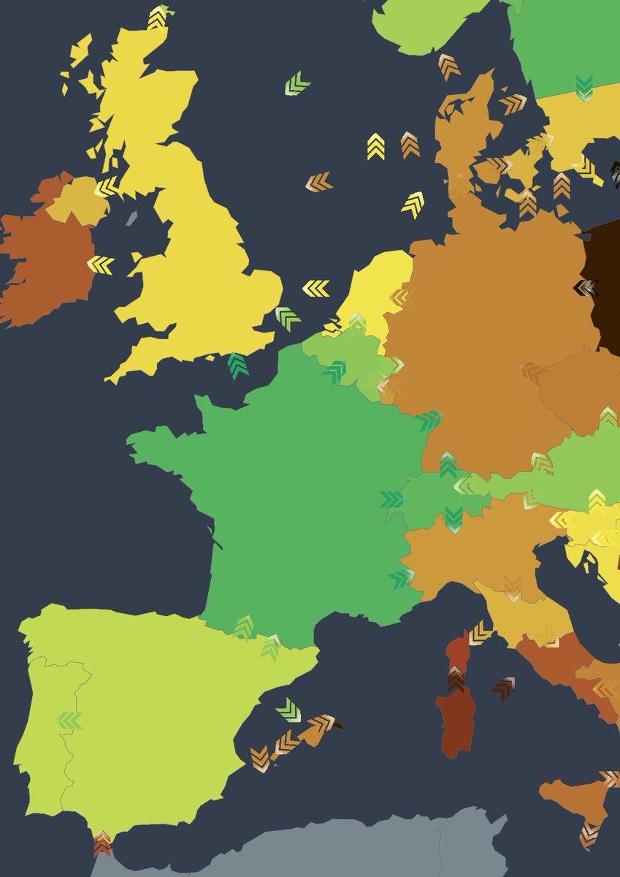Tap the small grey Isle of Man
(131, 218)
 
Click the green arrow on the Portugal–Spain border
(69, 721)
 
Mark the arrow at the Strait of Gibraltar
(102, 842)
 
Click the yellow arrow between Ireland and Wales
(101, 265)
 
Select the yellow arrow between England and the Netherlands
(316, 288)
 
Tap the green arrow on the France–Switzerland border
(392, 499)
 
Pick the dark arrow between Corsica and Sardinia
(456, 681)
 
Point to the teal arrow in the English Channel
(238, 365)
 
